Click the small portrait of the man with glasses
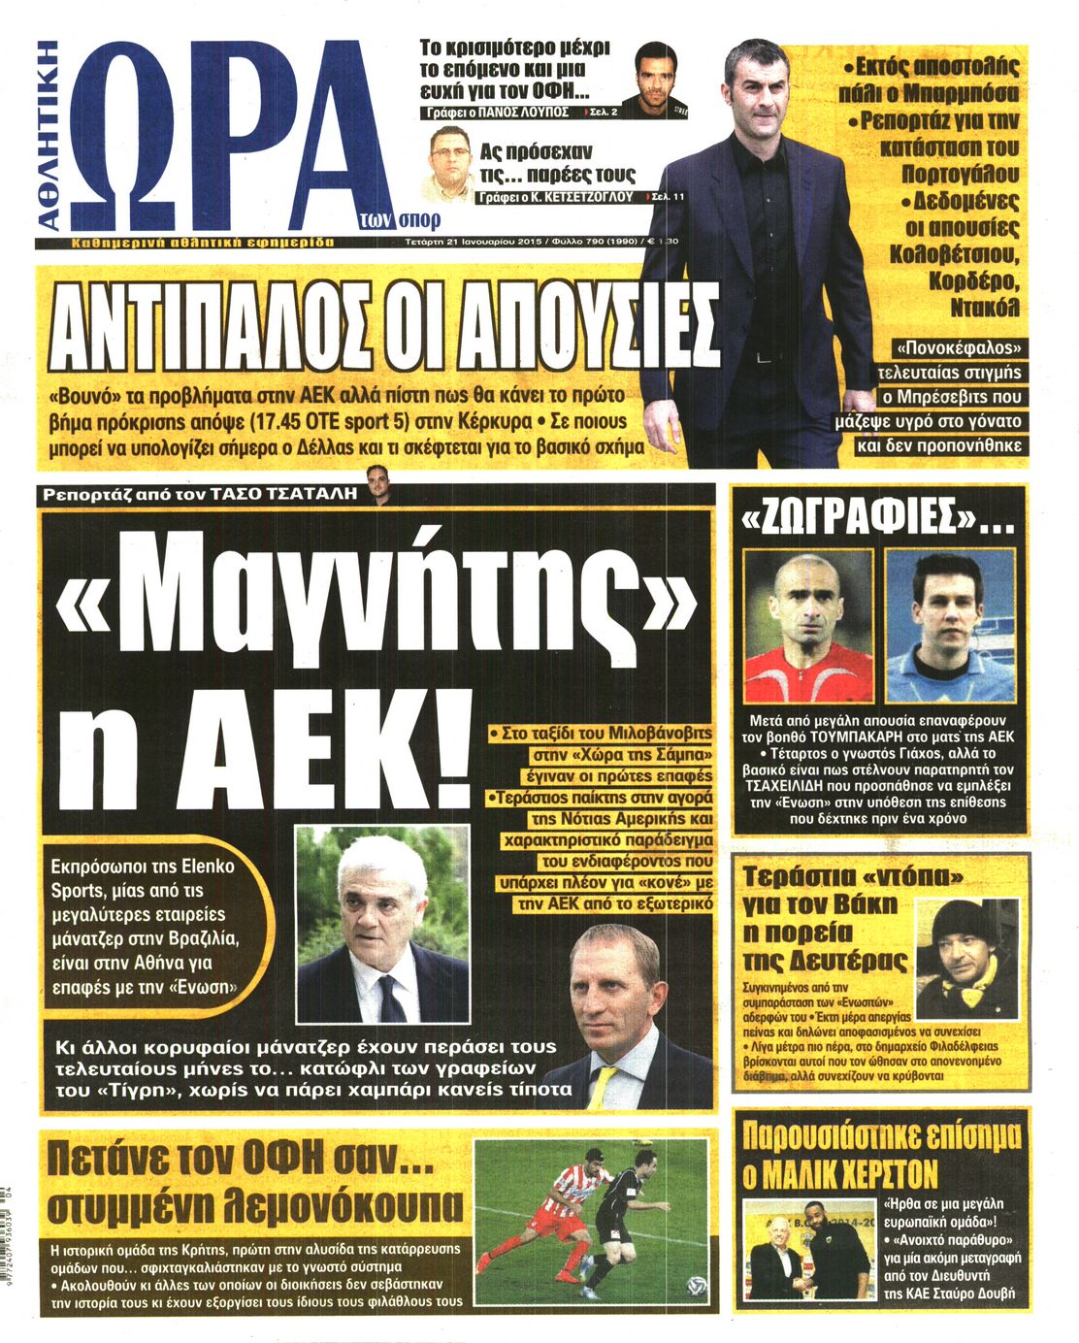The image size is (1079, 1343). click(452, 161)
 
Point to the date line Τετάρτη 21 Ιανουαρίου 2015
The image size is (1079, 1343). click(470, 242)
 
